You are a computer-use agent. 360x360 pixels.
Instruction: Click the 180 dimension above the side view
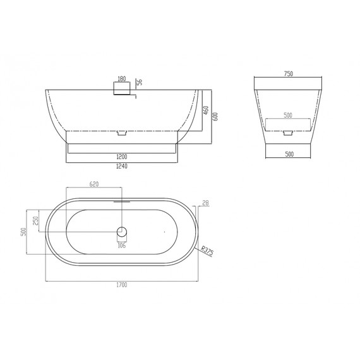123,80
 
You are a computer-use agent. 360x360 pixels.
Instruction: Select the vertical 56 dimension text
140,81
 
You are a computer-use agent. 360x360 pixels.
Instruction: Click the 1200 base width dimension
123,155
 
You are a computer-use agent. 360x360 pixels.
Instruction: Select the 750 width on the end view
289,74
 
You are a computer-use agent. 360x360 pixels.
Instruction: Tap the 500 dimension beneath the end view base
289,153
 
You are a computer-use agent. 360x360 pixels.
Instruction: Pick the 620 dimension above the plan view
95,184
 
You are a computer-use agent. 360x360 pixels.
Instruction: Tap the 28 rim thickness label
205,203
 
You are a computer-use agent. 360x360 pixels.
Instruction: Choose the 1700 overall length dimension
123,285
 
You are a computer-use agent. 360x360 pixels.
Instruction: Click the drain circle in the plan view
123,231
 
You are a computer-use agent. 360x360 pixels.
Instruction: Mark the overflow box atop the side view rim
119,89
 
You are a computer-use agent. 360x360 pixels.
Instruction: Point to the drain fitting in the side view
123,133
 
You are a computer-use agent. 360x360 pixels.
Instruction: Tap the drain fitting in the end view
289,133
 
